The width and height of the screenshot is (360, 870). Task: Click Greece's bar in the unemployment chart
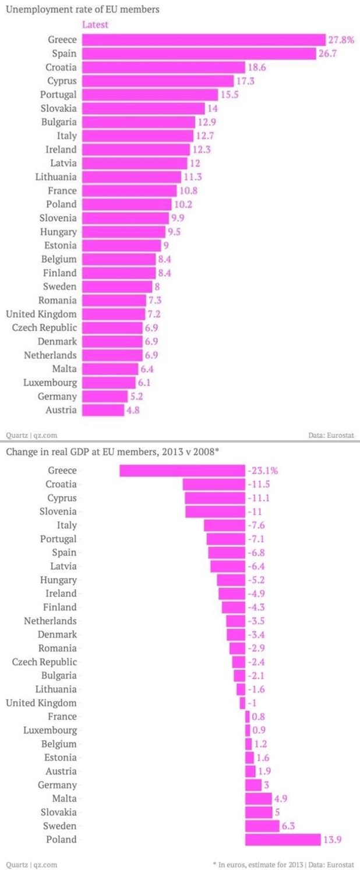pos(203,40)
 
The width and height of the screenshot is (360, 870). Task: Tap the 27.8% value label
pos(340,40)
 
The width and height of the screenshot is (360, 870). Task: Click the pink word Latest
pos(95,24)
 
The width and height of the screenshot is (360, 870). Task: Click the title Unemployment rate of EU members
pos(83,9)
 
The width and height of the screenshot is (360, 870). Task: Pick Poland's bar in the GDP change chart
pos(283,839)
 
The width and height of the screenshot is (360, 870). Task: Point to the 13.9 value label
pos(333,839)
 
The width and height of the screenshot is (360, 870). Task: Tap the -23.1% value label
pos(261,471)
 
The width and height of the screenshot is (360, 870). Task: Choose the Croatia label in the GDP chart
pos(61,484)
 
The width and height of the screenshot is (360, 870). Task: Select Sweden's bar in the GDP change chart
pos(262,826)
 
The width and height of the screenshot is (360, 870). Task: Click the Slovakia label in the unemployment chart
pos(58,108)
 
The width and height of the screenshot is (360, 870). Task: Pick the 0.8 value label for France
pos(257,716)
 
